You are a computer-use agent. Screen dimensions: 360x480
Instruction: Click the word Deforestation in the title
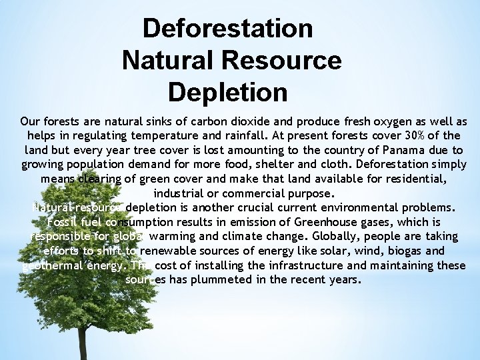(x=228, y=29)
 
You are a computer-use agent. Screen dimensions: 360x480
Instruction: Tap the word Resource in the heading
(x=285, y=60)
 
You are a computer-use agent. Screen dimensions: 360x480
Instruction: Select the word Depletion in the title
(x=228, y=91)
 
